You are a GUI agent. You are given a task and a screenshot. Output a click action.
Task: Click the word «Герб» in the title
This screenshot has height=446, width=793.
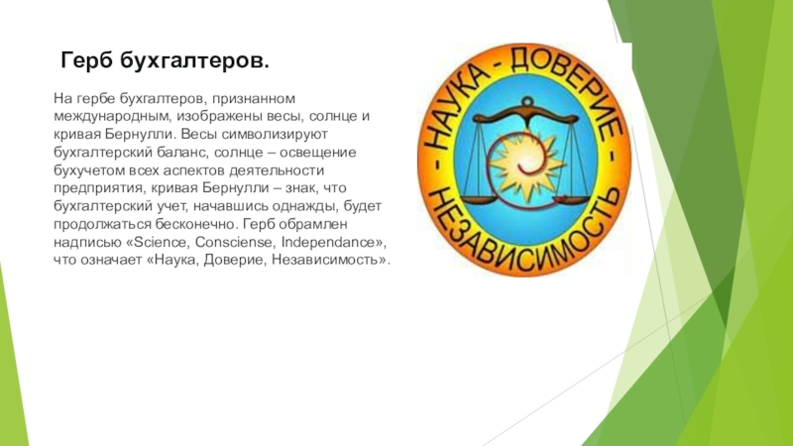tap(87, 62)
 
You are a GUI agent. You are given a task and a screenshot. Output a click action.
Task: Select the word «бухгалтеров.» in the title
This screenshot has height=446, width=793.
tap(194, 62)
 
